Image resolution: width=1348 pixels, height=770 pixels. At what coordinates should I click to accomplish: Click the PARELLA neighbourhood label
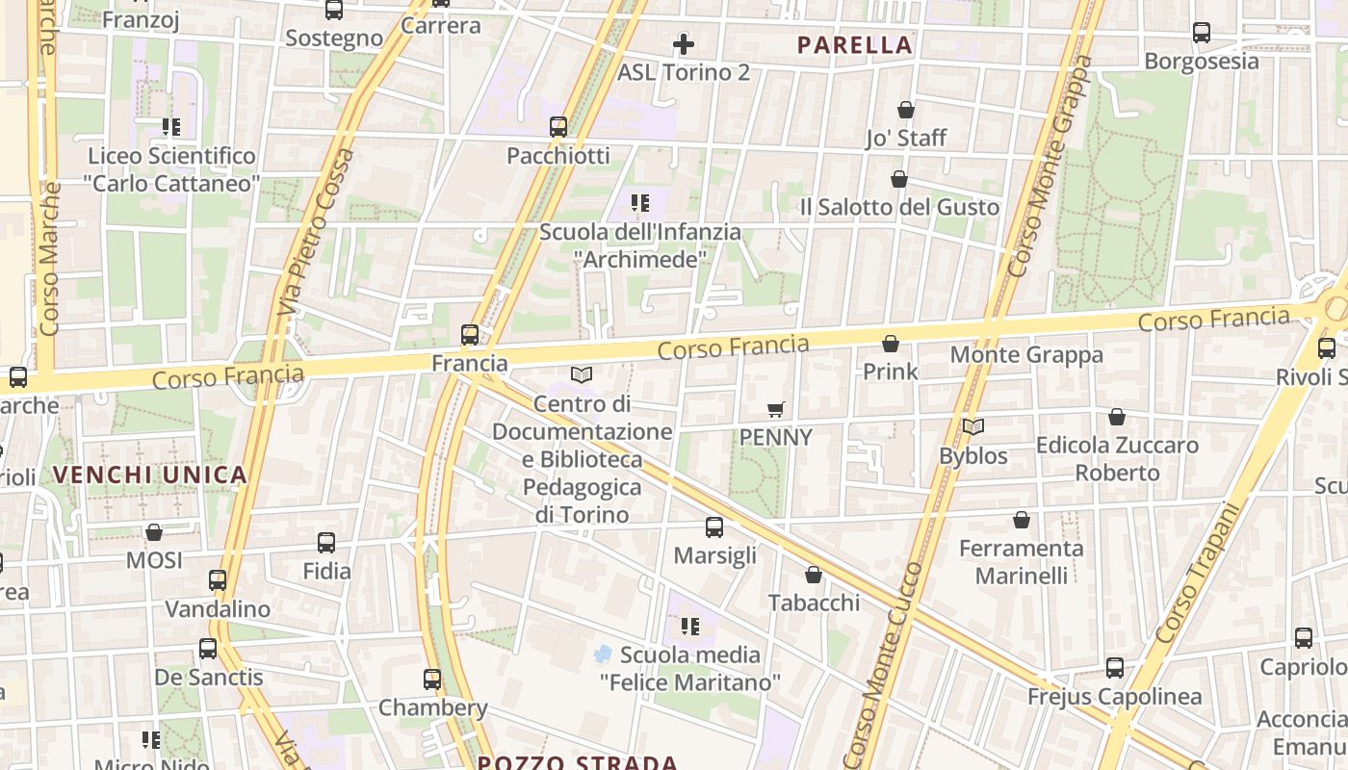[x=855, y=44]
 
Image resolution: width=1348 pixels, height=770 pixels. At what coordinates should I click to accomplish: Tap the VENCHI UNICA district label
[x=150, y=475]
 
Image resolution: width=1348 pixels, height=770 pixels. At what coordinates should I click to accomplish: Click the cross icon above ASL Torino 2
[x=684, y=43]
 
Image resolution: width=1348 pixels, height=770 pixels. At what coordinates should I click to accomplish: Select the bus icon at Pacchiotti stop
[x=558, y=126]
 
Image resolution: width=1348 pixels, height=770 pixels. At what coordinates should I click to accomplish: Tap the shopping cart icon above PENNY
[x=776, y=409]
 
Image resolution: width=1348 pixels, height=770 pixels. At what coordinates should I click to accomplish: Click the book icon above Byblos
[x=973, y=426]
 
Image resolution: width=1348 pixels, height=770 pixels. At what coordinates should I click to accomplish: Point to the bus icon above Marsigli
[x=714, y=526]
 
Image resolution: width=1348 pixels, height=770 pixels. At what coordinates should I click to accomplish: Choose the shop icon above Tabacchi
[x=814, y=575]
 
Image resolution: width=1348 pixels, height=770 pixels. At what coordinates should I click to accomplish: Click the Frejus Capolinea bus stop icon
[x=1115, y=667]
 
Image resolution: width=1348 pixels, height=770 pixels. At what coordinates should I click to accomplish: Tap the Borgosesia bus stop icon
[x=1202, y=32]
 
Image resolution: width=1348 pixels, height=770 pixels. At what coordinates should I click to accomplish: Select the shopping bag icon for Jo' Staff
[x=906, y=110]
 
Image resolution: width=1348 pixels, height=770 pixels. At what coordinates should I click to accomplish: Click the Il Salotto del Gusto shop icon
[x=899, y=179]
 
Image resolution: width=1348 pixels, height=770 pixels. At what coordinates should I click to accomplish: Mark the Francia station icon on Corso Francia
[x=470, y=335]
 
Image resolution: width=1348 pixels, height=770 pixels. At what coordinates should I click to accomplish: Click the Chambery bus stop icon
[x=432, y=679]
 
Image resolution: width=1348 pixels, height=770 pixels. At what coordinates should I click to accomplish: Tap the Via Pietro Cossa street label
[x=314, y=231]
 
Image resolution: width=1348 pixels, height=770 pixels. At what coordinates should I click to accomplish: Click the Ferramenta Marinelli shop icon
[x=1022, y=521]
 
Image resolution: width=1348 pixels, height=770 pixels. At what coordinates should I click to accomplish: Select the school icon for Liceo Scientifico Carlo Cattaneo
[x=171, y=127]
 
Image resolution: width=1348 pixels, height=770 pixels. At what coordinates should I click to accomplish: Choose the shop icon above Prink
[x=891, y=344]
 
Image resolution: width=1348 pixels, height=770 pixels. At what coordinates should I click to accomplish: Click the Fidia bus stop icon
[x=326, y=542]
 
